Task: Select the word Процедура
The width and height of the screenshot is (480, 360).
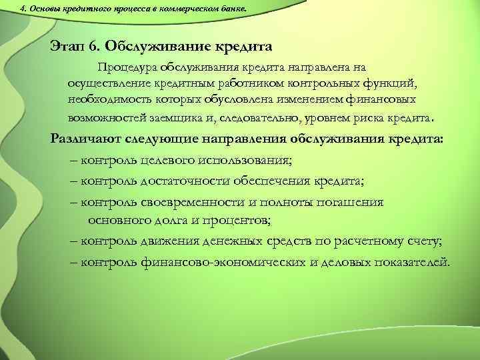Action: click(x=127, y=67)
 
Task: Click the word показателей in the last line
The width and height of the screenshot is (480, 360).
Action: click(x=409, y=261)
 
